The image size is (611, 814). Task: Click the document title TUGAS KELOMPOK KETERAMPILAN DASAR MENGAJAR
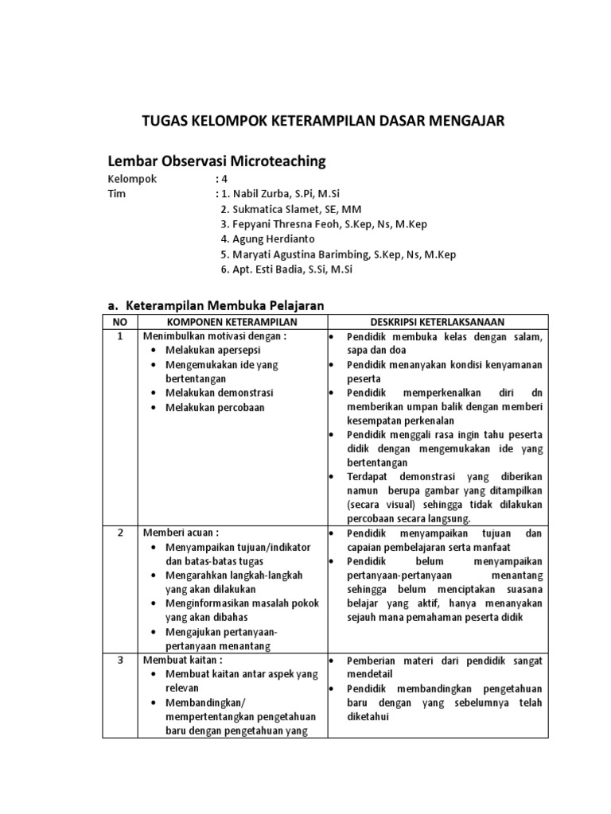click(322, 121)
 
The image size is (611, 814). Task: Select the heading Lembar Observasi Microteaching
click(216, 161)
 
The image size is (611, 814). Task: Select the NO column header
click(119, 321)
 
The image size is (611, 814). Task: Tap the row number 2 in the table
click(119, 533)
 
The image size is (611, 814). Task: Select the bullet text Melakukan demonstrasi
click(219, 393)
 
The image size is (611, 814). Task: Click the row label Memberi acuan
click(179, 533)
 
